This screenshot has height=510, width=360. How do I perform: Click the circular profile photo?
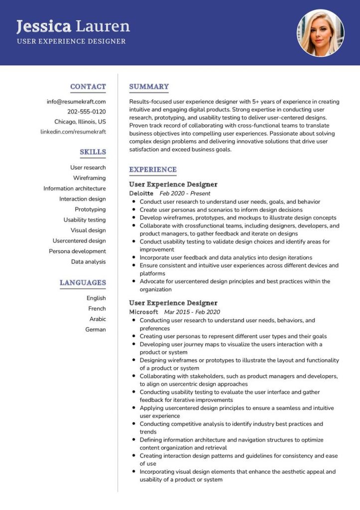[320, 33]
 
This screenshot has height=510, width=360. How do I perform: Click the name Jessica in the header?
[44, 26]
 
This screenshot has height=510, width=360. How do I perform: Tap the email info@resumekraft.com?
[76, 102]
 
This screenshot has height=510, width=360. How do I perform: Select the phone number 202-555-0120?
[87, 112]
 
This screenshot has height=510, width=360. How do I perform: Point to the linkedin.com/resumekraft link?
[73, 131]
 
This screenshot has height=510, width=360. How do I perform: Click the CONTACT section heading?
[88, 87]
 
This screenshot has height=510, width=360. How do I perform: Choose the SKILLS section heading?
[93, 152]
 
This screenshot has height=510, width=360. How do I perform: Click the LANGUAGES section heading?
[83, 283]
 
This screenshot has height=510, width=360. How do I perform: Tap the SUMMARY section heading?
[149, 87]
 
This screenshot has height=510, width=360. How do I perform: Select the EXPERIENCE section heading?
[153, 170]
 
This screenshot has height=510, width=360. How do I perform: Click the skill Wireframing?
[89, 178]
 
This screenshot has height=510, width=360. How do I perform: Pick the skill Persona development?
[77, 251]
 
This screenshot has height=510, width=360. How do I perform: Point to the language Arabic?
[98, 319]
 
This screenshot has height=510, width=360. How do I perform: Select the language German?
[96, 329]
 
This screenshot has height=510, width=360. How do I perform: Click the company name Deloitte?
[141, 193]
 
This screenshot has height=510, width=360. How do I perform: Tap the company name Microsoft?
[143, 312]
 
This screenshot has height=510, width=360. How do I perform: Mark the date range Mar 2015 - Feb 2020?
[192, 312]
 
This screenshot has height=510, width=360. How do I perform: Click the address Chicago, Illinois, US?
[80, 122]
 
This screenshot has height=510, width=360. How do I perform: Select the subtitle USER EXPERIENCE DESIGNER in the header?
[71, 41]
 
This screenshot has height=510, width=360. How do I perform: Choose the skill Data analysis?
[88, 261]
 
